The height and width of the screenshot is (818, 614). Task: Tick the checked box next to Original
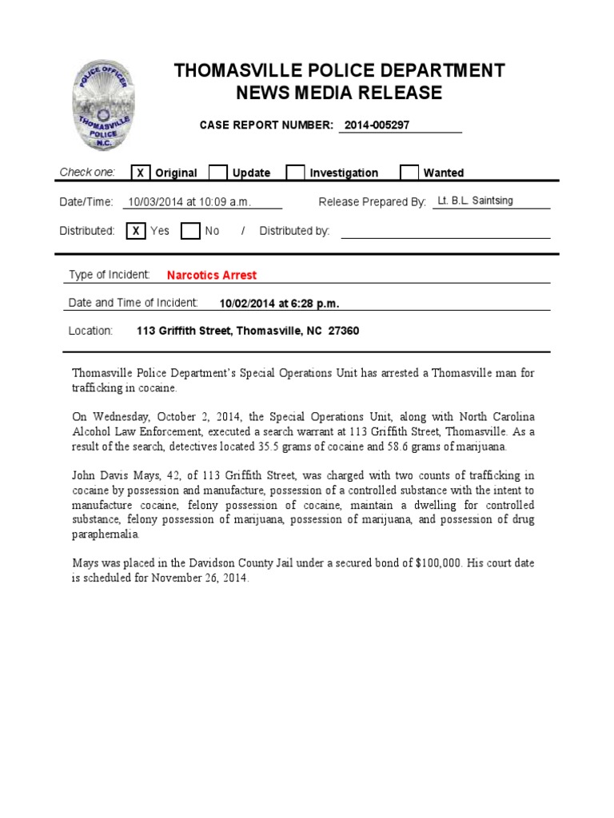click(x=140, y=173)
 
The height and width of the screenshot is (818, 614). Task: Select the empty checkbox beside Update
click(x=217, y=173)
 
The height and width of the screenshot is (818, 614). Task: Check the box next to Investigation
click(x=295, y=173)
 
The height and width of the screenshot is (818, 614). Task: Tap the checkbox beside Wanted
click(x=409, y=173)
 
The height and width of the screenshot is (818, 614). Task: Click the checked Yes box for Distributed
click(x=136, y=231)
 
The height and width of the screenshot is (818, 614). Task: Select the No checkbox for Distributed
click(x=190, y=231)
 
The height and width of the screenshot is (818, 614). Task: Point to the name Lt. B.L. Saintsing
click(x=475, y=201)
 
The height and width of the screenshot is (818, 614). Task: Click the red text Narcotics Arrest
click(x=212, y=275)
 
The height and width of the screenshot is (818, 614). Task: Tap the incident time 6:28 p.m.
click(x=314, y=304)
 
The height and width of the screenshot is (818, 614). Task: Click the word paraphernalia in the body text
click(x=106, y=534)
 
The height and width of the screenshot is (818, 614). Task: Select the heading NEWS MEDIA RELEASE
click(x=339, y=93)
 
